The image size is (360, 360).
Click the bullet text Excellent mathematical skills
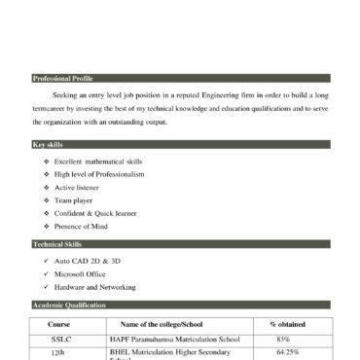(x=98, y=161)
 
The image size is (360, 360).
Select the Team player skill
(x=73, y=199)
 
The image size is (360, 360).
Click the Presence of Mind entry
(x=81, y=226)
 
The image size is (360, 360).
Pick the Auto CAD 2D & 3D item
(x=88, y=262)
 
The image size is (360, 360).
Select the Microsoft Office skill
(x=83, y=274)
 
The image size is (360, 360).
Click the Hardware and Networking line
(x=95, y=287)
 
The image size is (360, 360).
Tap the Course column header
(x=59, y=323)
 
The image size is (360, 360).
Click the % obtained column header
(x=287, y=323)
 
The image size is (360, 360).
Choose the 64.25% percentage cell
(x=287, y=351)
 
